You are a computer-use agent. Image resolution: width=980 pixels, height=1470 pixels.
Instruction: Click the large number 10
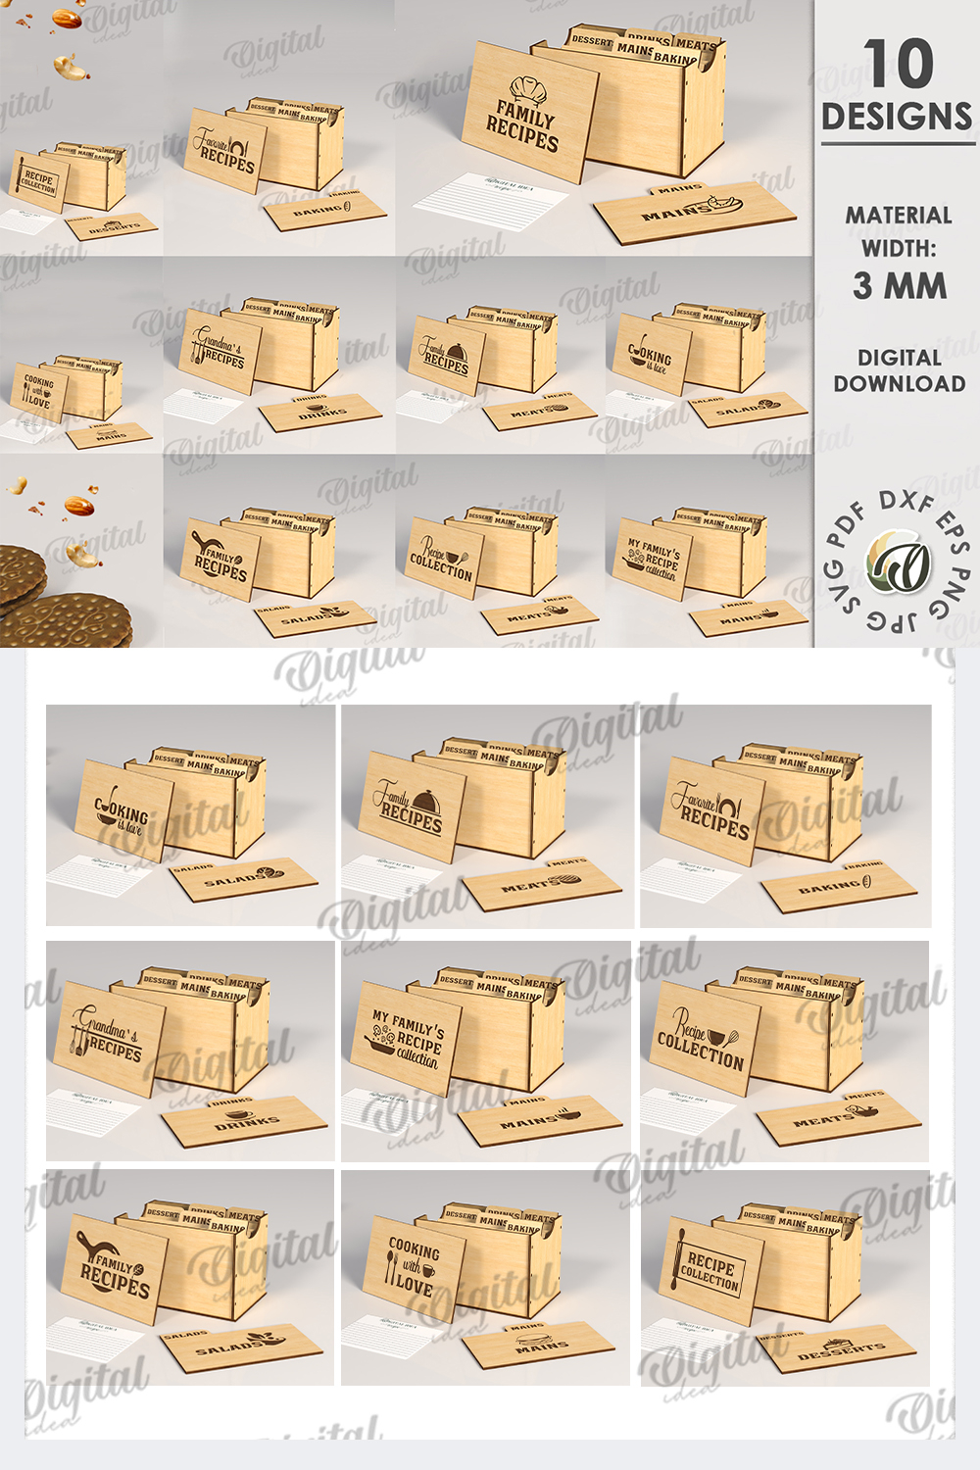pyautogui.click(x=898, y=65)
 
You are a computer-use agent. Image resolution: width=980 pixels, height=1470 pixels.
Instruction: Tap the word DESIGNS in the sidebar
pyautogui.click(x=897, y=117)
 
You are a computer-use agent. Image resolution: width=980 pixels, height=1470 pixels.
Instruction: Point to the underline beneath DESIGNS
pyautogui.click(x=898, y=143)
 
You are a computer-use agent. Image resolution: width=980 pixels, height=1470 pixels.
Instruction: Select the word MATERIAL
pyautogui.click(x=899, y=216)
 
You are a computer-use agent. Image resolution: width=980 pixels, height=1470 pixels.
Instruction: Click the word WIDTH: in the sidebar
pyautogui.click(x=899, y=249)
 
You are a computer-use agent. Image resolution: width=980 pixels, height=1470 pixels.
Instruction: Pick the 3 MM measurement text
pyautogui.click(x=899, y=286)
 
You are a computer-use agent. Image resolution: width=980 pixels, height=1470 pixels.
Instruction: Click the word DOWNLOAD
pyautogui.click(x=899, y=384)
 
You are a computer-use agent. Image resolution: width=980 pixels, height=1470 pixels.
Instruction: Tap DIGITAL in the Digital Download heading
pyautogui.click(x=899, y=358)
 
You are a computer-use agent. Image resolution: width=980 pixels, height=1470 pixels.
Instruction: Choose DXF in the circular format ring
pyautogui.click(x=905, y=501)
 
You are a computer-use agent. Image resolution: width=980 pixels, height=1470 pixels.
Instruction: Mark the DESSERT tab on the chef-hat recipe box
pyautogui.click(x=592, y=41)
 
